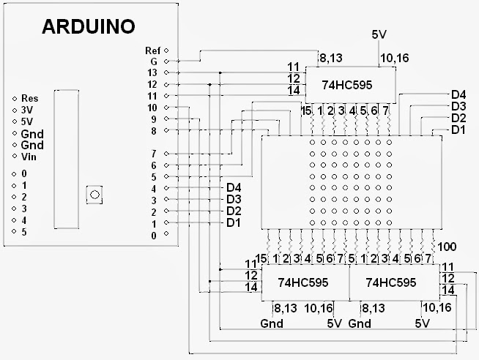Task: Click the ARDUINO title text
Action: coord(88,27)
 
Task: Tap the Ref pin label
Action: coord(152,50)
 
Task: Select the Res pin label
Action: coord(30,98)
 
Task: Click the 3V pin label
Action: coord(27,110)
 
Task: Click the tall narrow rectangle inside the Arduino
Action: coord(67,158)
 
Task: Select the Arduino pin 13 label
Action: coord(152,73)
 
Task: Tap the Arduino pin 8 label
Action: coord(154,130)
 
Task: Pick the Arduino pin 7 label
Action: coord(154,154)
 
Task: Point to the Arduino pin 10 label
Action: coord(152,108)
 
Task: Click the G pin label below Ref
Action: coord(154,61)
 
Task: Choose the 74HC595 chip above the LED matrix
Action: coord(346,85)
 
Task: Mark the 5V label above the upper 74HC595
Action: coord(379,34)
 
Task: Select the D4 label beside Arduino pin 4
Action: coord(234,188)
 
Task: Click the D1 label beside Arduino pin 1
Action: coord(234,222)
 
